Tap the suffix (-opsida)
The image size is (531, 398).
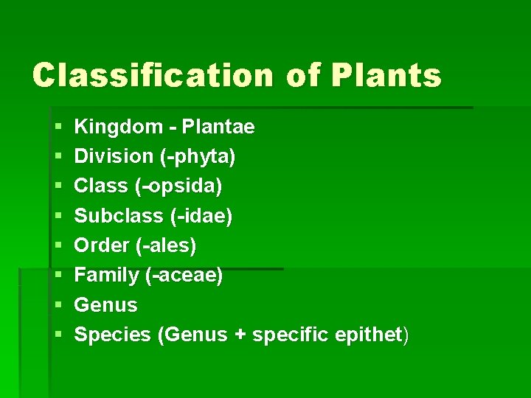tap(178, 186)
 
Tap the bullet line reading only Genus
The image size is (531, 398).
tap(106, 304)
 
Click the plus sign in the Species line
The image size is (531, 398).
tap(240, 335)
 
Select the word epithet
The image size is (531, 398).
tap(367, 335)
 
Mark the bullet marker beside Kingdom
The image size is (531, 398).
tap(58, 128)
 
